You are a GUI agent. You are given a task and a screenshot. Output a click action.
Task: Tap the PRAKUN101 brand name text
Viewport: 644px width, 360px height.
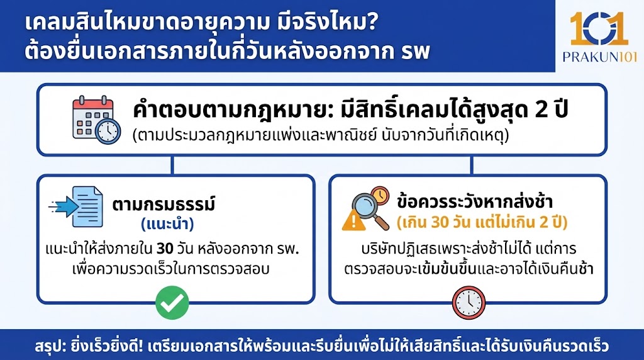[600, 57]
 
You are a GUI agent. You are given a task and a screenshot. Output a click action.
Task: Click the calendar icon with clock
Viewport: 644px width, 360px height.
[95, 120]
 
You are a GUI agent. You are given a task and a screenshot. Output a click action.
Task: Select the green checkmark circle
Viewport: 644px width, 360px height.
[172, 303]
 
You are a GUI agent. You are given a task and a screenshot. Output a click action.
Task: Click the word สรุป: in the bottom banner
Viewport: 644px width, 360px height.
[51, 347]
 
